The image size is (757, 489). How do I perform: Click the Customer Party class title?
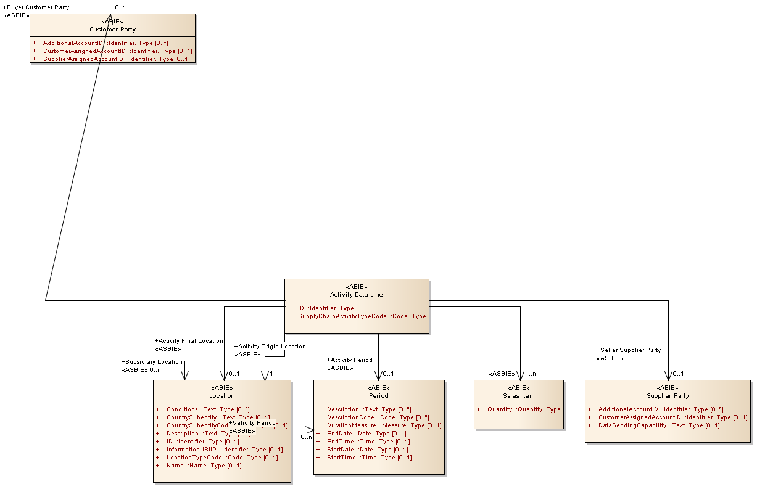112,29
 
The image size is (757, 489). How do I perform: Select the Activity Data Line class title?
356,294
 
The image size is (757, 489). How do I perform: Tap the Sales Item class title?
518,395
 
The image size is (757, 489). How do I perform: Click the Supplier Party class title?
668,395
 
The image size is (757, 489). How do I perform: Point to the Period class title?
379,395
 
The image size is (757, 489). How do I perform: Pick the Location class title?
221,395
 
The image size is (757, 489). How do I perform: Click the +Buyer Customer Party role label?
36,7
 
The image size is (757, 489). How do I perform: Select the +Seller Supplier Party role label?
628,350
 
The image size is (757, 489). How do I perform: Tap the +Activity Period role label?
349,360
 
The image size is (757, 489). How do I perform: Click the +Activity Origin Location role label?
270,346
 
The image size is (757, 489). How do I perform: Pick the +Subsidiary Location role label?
152,361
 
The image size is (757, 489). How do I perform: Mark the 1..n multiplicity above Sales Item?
530,373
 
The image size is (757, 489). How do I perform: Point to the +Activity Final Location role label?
188,340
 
